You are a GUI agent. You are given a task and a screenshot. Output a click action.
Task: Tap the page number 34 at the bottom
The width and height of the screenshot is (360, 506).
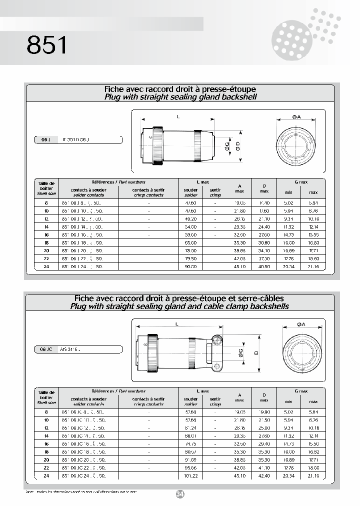click(x=180, y=494)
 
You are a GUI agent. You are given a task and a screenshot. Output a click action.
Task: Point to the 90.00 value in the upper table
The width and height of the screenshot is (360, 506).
click(x=190, y=266)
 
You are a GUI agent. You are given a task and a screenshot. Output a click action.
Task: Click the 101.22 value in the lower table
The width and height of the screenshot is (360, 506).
click(x=190, y=475)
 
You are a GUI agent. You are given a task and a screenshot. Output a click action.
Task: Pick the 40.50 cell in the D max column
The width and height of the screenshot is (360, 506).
click(x=264, y=266)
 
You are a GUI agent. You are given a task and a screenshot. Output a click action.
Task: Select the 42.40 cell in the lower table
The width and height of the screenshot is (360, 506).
click(x=264, y=475)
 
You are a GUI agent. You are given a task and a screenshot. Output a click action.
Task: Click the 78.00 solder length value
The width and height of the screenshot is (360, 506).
click(x=190, y=250)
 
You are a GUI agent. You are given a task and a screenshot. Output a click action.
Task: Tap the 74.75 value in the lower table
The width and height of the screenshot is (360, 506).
click(x=190, y=443)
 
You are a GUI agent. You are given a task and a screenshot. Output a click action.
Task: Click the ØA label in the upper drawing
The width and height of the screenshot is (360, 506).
click(x=296, y=116)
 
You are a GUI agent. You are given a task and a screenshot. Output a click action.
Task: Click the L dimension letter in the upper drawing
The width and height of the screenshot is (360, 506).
click(x=178, y=115)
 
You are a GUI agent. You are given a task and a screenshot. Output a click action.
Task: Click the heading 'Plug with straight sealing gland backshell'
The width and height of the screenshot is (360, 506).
click(x=180, y=97)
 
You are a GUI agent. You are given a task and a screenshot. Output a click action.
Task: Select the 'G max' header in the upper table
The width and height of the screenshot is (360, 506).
click(x=301, y=182)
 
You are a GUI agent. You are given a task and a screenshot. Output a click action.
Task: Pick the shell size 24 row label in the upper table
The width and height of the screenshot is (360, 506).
click(x=46, y=266)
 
